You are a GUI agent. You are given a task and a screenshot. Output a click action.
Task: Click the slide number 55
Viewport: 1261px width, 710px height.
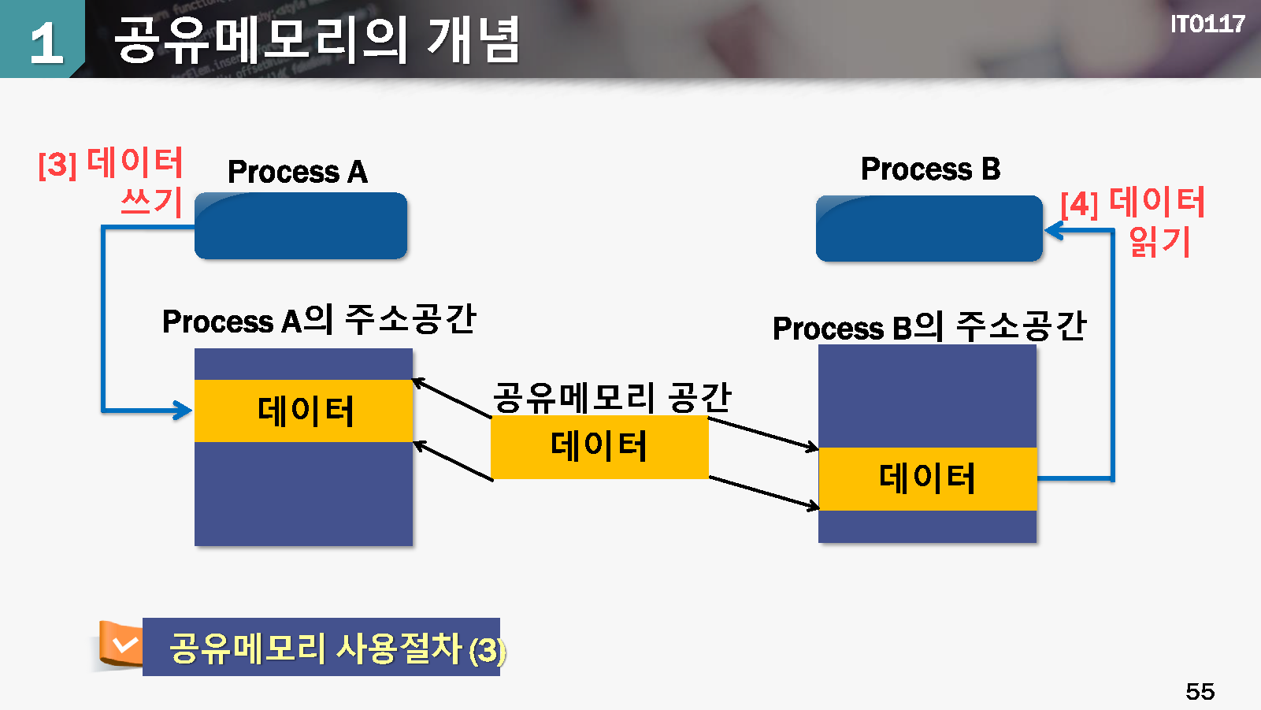1200,691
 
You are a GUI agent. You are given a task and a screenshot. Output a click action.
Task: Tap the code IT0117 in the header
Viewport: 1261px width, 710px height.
1207,24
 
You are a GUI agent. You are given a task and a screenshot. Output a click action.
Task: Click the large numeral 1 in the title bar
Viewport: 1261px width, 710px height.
46,43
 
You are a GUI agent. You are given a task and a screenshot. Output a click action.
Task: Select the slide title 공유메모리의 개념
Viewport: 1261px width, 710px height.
317,39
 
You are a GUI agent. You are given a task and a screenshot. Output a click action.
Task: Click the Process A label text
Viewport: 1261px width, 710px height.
297,172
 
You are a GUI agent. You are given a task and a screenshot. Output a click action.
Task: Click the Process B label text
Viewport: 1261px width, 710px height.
929,169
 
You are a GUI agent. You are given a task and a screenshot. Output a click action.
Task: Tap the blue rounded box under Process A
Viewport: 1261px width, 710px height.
301,226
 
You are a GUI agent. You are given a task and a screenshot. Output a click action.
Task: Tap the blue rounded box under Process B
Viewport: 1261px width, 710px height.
929,229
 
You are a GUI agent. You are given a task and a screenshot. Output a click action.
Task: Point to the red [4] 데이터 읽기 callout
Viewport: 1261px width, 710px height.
1133,221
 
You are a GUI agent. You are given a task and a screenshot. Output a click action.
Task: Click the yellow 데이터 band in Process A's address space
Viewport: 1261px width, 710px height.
304,411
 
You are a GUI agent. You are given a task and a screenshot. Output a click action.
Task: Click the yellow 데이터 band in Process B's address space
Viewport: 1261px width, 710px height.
927,478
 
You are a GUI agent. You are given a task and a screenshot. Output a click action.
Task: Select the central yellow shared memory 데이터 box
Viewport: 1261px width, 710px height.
599,447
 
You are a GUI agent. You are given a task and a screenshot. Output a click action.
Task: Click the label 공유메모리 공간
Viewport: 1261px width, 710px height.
612,396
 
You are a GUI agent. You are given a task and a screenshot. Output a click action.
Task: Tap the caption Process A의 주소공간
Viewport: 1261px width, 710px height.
319,320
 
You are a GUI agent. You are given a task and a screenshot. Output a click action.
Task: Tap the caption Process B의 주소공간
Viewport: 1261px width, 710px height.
929,327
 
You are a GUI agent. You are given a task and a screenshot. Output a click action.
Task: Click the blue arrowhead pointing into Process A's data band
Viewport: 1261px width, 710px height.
184,410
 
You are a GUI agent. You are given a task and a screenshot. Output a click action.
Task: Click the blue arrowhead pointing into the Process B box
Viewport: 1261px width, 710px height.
1053,230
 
